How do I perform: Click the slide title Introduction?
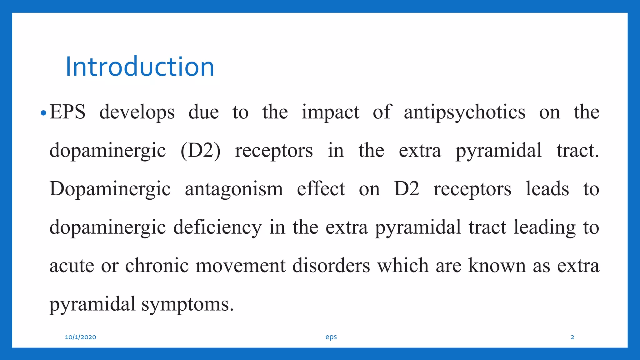(139, 67)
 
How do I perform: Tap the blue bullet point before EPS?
(43, 113)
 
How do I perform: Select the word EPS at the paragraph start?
(67, 112)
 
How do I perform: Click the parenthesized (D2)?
(200, 151)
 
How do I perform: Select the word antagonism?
(234, 189)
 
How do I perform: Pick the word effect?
(321, 189)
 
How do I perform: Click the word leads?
(547, 189)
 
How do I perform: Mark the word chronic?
(157, 266)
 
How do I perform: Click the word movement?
(240, 266)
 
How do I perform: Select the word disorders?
(331, 266)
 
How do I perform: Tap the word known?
(497, 266)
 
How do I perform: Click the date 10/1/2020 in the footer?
(80, 337)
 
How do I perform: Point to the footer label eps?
(331, 337)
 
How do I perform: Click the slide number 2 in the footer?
(572, 337)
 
